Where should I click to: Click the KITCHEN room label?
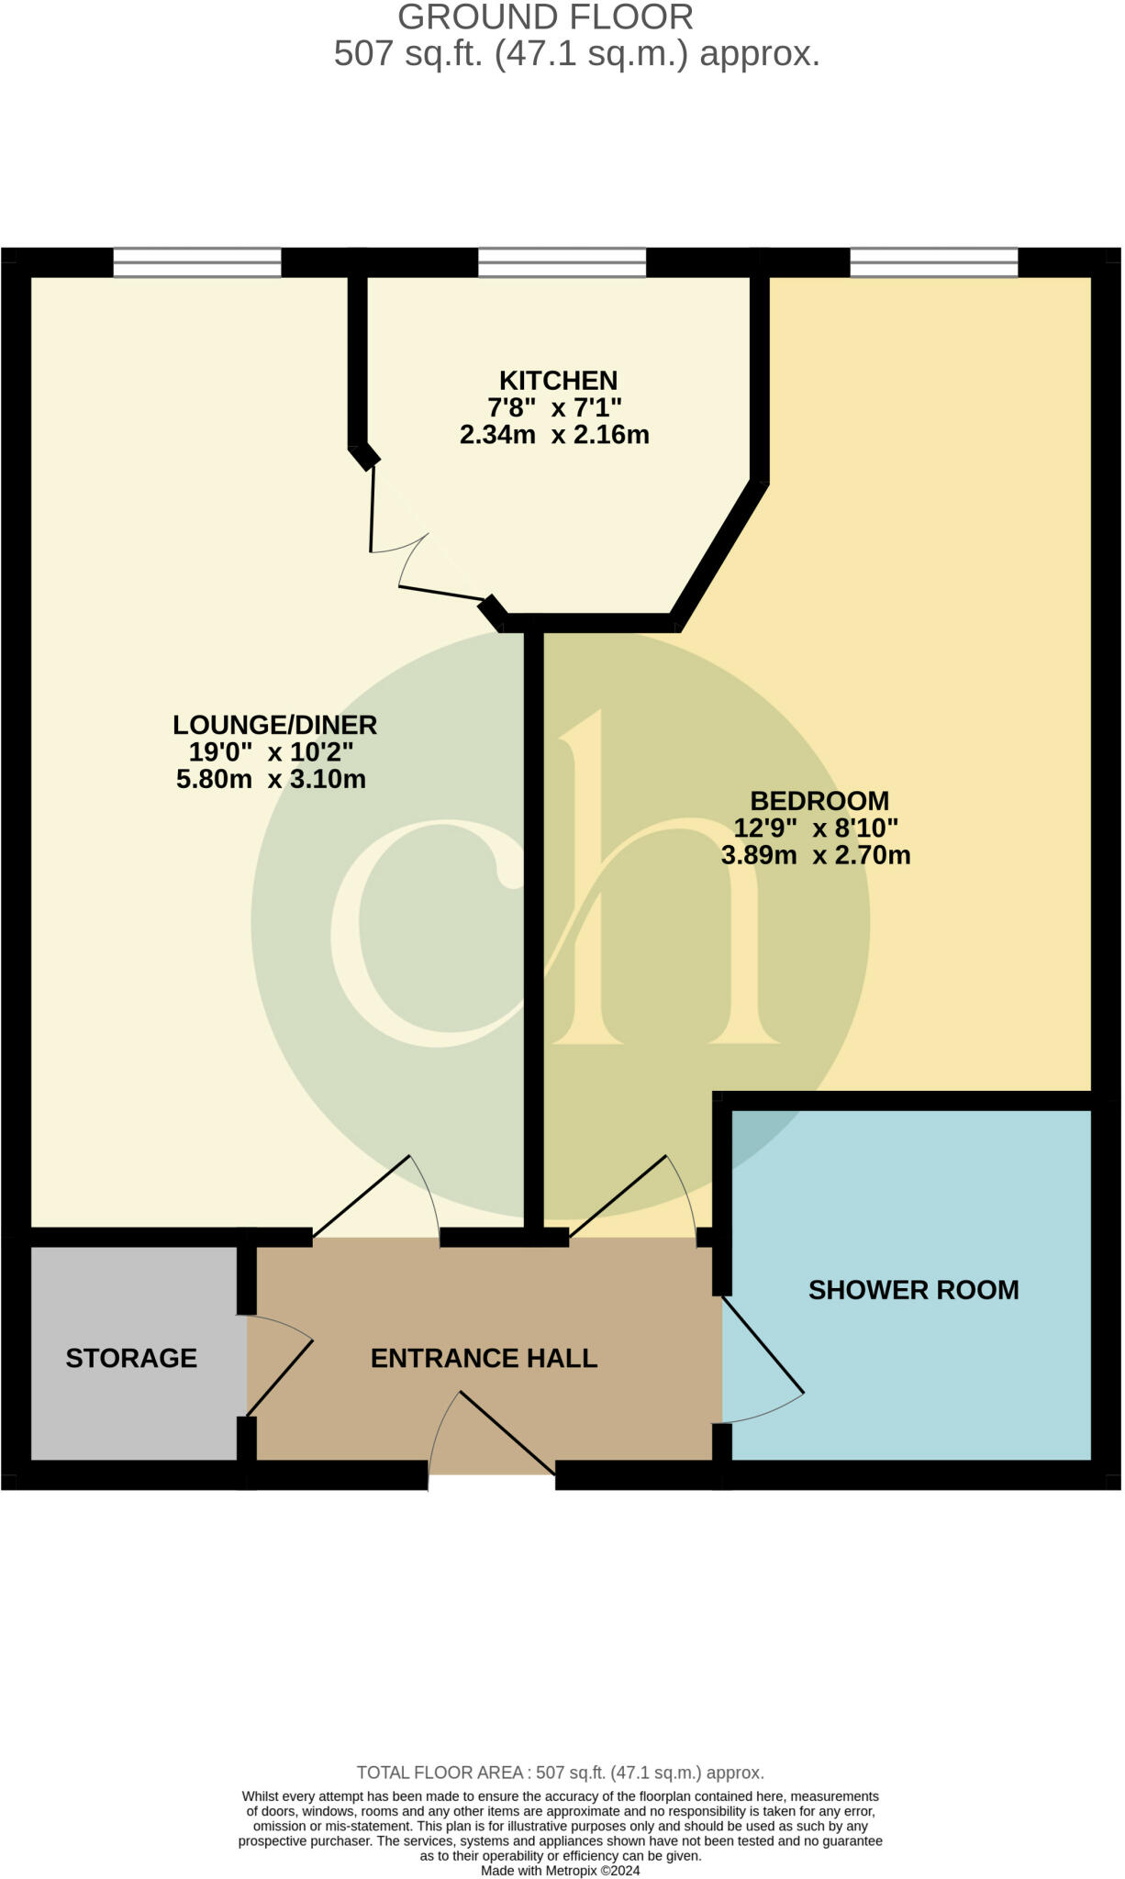click(x=558, y=380)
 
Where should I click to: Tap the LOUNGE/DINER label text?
click(x=274, y=725)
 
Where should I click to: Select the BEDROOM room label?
click(x=819, y=800)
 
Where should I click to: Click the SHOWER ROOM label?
click(x=913, y=1290)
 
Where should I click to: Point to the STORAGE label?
click(x=131, y=1358)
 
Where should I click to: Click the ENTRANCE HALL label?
click(x=484, y=1358)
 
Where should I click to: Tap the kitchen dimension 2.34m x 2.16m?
click(x=554, y=435)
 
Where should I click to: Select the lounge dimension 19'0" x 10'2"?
click(x=272, y=752)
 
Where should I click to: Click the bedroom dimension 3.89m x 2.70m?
click(x=816, y=855)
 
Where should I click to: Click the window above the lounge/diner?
click(x=197, y=262)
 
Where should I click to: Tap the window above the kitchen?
click(x=562, y=262)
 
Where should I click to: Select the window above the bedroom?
click(x=933, y=262)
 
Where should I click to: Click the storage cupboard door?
click(x=278, y=1365)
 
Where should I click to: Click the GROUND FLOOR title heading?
click(x=545, y=17)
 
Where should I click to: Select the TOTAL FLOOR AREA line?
click(x=560, y=1773)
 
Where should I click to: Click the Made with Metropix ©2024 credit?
click(x=560, y=1870)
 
